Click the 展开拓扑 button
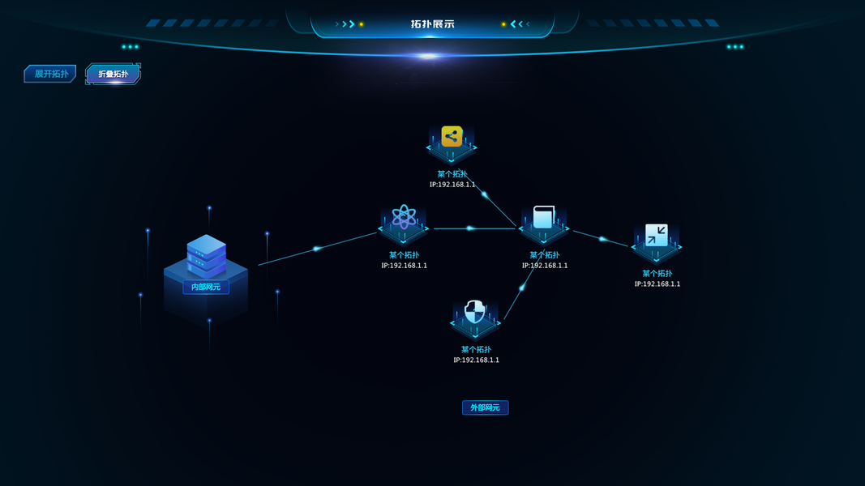coord(49,74)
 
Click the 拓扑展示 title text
coord(432,24)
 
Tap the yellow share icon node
coord(452,136)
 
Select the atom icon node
coord(404,217)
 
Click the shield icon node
coord(475,312)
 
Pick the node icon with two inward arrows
coord(656,235)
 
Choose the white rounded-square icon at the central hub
coord(543,217)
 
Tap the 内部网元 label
coord(206,287)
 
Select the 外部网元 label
coord(485,407)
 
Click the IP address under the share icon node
coord(452,185)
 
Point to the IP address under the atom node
coord(404,266)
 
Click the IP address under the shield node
coord(476,360)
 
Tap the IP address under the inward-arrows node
coord(657,284)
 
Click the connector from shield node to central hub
coord(520,290)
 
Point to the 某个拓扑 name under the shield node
coord(476,350)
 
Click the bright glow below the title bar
coord(427,57)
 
